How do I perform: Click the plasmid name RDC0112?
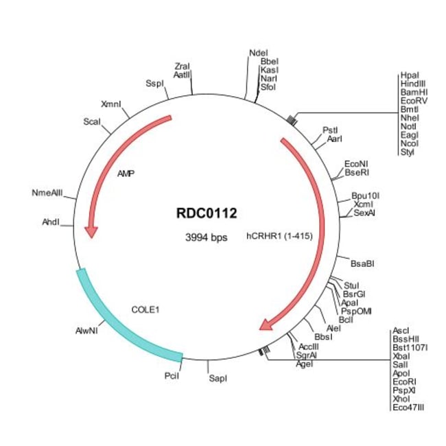pyautogui.click(x=207, y=213)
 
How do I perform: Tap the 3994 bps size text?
pyautogui.click(x=207, y=237)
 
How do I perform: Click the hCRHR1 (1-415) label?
pyautogui.click(x=279, y=237)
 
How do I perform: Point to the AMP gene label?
pyautogui.click(x=126, y=173)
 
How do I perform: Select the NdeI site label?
pyautogui.click(x=259, y=52)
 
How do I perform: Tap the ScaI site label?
pyautogui.click(x=92, y=121)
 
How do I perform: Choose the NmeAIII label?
pyautogui.click(x=47, y=193)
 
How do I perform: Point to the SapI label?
pyautogui.click(x=218, y=378)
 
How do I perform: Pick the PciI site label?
pyautogui.click(x=172, y=377)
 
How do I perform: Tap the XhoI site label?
pyautogui.click(x=401, y=398)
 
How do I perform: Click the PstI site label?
pyautogui.click(x=331, y=130)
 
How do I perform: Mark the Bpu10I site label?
pyautogui.click(x=365, y=196)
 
